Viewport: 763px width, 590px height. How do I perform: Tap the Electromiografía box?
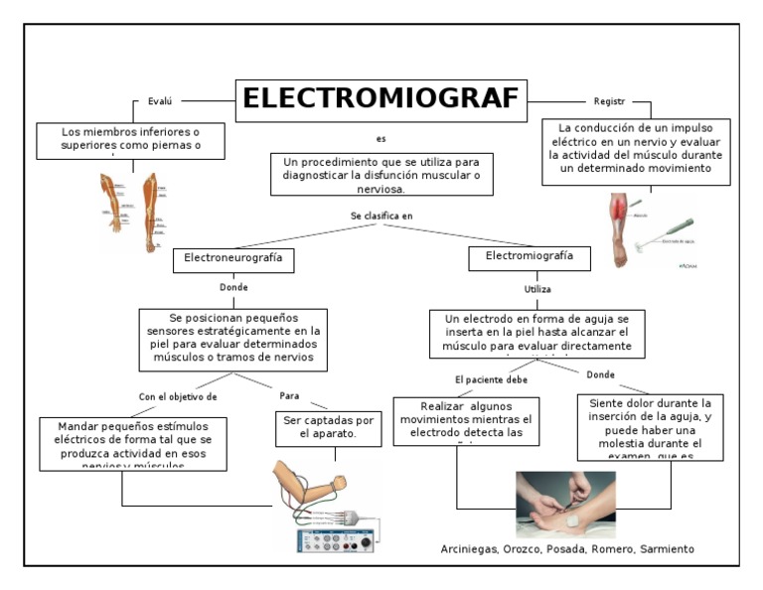529,257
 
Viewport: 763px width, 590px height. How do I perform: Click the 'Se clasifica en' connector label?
381,216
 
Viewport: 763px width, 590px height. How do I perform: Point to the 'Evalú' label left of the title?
160,101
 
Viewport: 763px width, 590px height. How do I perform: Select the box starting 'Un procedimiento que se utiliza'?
381,175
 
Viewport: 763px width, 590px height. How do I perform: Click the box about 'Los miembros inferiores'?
130,140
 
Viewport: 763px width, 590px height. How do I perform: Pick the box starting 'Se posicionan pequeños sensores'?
233,339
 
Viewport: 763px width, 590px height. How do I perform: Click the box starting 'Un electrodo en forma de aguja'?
536,333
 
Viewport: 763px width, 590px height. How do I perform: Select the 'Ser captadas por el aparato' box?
328,427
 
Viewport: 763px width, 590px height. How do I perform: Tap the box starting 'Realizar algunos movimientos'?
466,420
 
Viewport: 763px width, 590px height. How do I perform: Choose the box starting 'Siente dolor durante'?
650,427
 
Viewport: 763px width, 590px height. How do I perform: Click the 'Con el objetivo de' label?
177,396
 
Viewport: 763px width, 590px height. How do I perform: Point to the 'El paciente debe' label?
491,379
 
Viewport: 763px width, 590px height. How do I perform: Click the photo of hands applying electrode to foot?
564,504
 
